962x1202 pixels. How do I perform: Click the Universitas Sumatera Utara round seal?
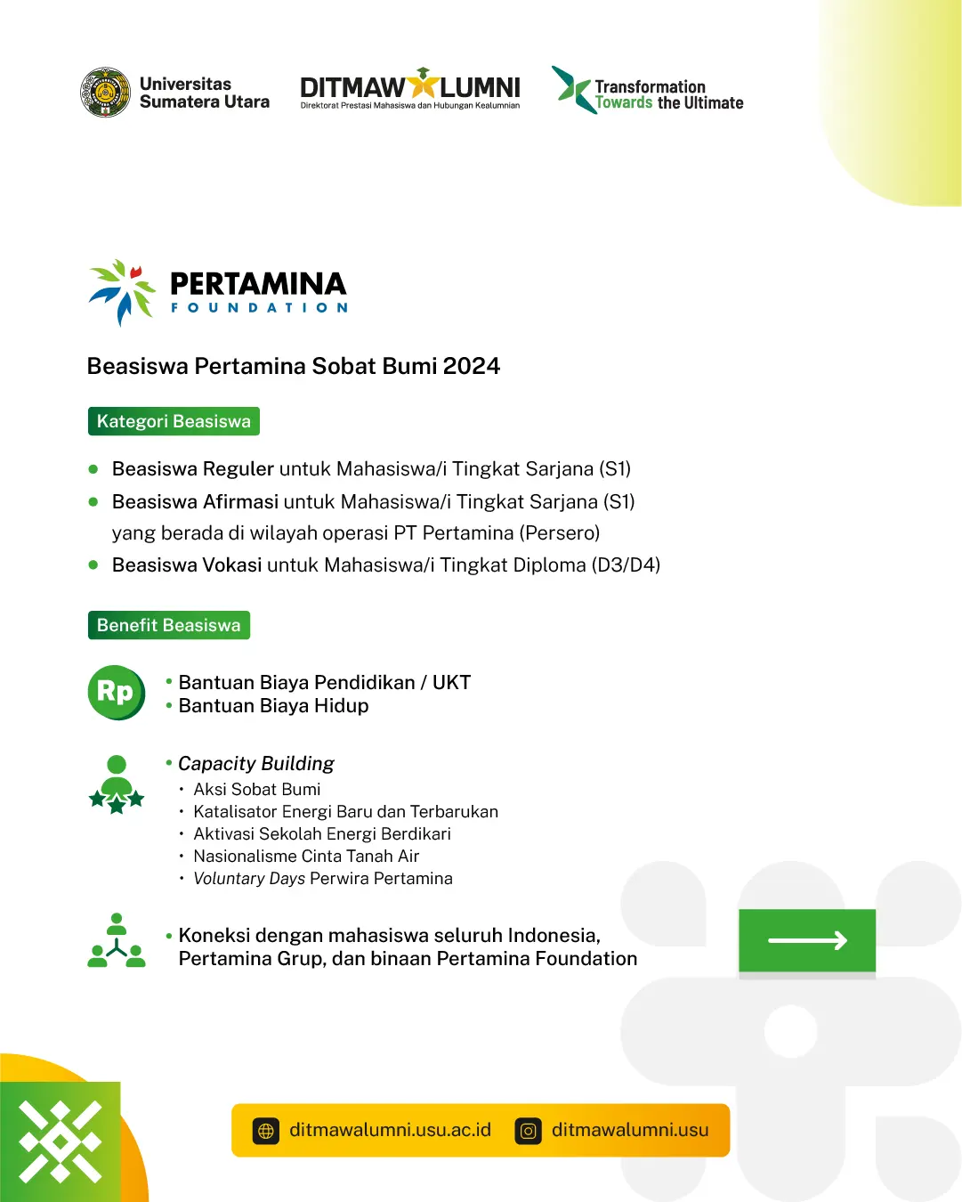coord(106,93)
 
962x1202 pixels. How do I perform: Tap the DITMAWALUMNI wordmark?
coord(410,88)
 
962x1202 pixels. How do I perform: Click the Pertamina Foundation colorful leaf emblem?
coord(122,292)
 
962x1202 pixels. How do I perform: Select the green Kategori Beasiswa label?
coord(174,421)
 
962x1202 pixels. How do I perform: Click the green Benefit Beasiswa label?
coord(168,625)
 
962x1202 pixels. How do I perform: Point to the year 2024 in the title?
coord(472,367)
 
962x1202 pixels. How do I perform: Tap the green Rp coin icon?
coord(117,693)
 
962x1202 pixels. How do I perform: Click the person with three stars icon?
coord(117,784)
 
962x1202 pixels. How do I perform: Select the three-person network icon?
coord(117,940)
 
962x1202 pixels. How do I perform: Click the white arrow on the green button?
coord(807,940)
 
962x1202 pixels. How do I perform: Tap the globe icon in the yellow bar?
coord(266,1131)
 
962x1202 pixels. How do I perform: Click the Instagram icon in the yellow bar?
coord(529,1131)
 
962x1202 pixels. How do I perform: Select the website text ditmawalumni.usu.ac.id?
coord(391,1130)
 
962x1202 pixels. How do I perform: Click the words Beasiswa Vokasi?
coord(187,565)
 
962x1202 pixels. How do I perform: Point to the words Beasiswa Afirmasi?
coord(196,501)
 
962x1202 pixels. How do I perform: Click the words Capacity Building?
coord(255,764)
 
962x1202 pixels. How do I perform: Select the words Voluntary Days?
coord(249,879)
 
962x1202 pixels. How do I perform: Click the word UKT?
coord(452,683)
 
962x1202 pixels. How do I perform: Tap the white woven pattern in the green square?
coord(61,1141)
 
